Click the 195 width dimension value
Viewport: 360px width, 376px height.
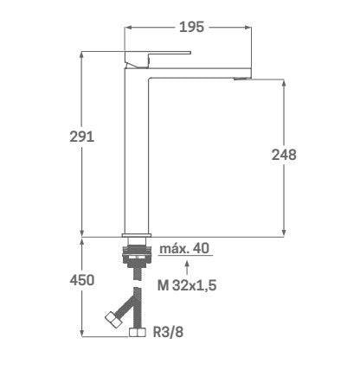pyautogui.click(x=191, y=27)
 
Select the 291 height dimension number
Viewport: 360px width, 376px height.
pyautogui.click(x=82, y=137)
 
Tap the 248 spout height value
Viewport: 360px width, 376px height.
pyautogui.click(x=284, y=155)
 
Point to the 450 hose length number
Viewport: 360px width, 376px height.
pyautogui.click(x=82, y=280)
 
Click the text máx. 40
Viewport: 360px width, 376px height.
pyautogui.click(x=184, y=248)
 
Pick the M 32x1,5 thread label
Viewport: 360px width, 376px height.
pyautogui.click(x=187, y=285)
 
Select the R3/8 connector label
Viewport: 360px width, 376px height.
pyautogui.click(x=168, y=332)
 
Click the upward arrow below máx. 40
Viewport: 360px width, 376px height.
pyautogui.click(x=187, y=268)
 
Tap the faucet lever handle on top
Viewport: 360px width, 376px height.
pyautogui.click(x=157, y=59)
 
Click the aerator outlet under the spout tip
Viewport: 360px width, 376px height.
pyautogui.click(x=241, y=79)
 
